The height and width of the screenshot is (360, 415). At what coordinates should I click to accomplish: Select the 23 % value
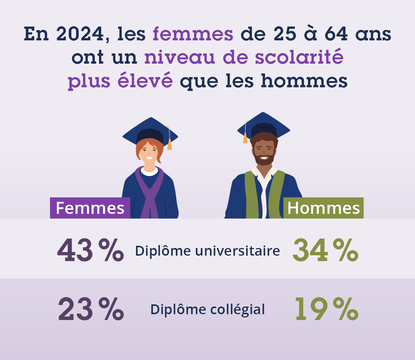[x=91, y=309]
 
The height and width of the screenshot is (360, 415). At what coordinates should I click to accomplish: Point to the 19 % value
[x=326, y=309]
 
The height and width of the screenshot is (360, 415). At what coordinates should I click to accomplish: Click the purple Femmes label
[x=90, y=208]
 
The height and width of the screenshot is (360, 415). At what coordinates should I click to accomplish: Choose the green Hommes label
[x=323, y=208]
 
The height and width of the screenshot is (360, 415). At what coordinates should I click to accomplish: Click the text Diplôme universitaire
[x=207, y=251]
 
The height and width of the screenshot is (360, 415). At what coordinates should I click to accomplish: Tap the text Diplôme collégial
[x=207, y=309]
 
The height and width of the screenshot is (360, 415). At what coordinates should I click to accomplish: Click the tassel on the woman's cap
[x=169, y=144]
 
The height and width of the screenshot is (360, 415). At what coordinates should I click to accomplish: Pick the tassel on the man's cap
[x=245, y=138]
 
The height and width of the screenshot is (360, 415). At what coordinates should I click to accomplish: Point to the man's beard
[x=264, y=159]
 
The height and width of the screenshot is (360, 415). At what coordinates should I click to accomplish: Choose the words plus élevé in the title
[x=120, y=82]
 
